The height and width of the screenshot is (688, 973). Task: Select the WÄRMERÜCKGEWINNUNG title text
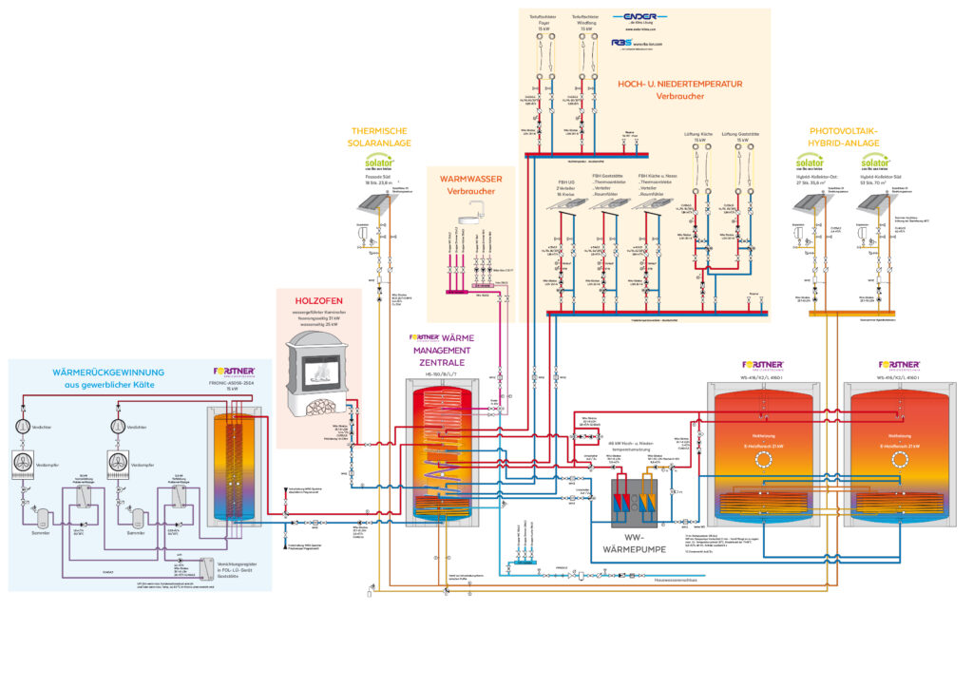(108, 372)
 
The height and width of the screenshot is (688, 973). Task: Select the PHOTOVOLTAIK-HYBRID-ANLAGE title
(845, 137)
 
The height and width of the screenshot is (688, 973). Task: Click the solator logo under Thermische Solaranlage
(379, 163)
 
